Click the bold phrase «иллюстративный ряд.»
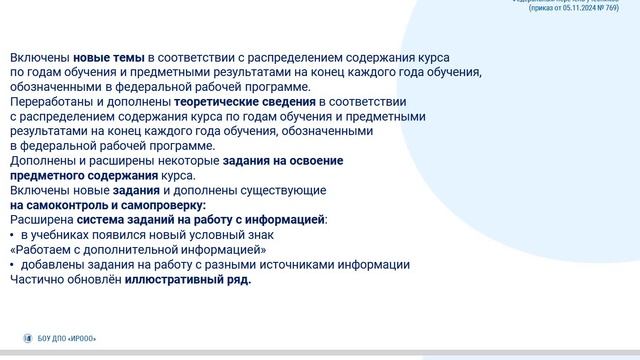tap(188, 279)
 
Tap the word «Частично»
tap(38, 279)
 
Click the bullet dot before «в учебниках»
tap(13, 234)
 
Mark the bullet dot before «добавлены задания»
tap(13, 264)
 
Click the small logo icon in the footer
tap(28, 339)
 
